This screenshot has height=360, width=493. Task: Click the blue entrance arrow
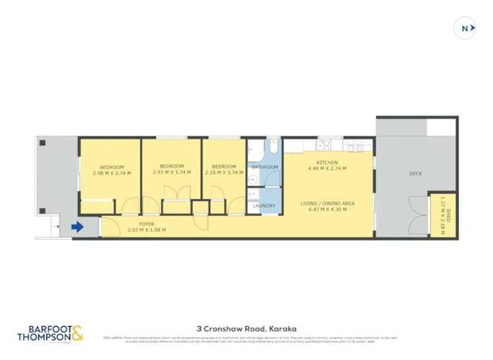point(77,227)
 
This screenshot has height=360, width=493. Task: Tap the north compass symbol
point(464,28)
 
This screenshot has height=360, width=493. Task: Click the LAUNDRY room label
point(264,206)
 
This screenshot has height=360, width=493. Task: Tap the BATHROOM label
point(265,167)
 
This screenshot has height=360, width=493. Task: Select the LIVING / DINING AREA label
point(327,204)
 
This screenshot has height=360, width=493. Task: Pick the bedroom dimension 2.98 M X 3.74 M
point(112,173)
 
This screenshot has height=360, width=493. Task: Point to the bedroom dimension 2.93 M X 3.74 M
point(172,173)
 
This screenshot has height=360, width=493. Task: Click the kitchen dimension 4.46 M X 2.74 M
point(327,168)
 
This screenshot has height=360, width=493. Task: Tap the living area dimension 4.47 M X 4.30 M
point(327,210)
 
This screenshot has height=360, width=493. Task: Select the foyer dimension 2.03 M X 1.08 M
point(136,230)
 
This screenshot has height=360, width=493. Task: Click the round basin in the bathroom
point(253,178)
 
